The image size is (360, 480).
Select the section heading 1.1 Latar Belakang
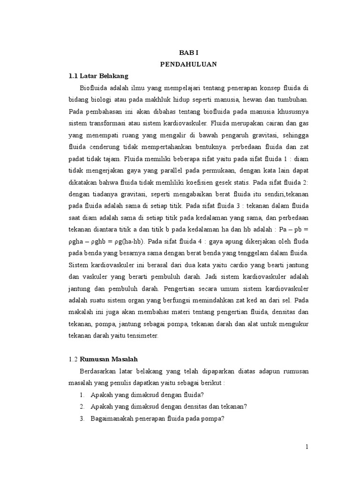click(98, 75)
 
